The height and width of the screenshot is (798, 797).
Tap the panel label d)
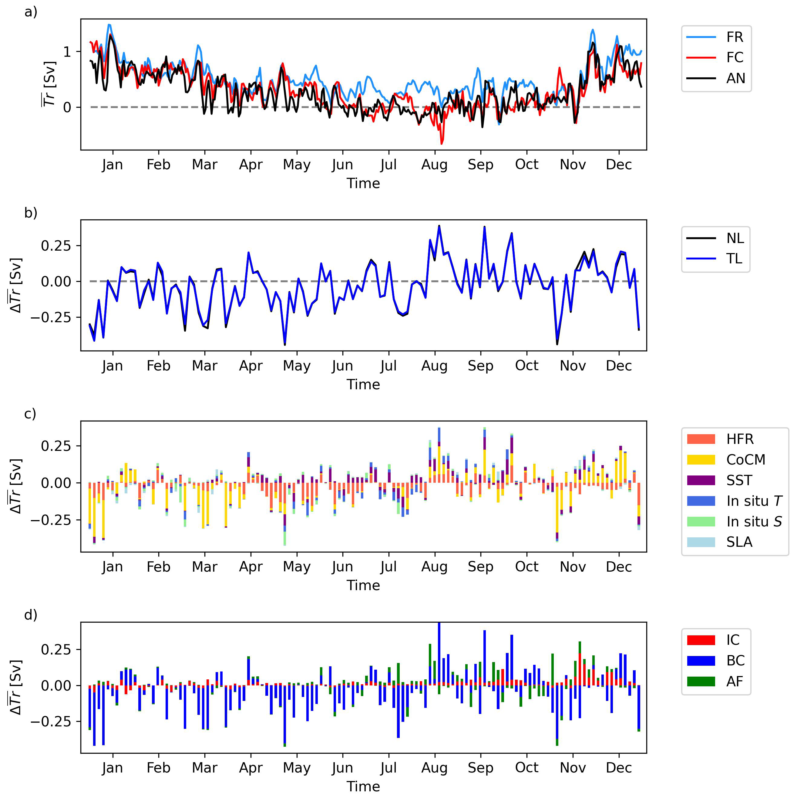point(31,615)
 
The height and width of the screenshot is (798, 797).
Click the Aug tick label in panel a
point(434,164)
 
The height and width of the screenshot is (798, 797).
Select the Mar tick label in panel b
point(204,366)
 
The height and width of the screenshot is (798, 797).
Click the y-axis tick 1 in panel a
point(67,52)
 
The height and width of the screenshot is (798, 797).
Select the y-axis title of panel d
point(16,687)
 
